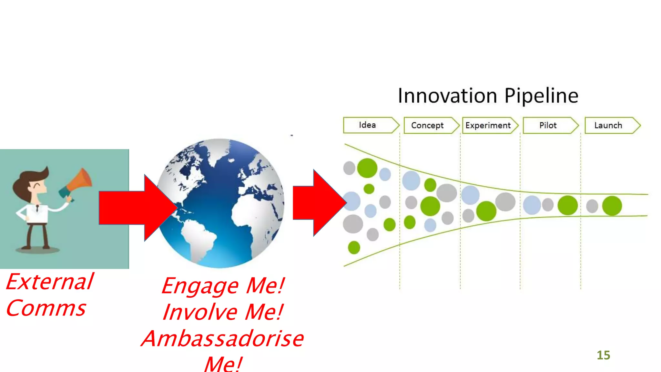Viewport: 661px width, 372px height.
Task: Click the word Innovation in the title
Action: tap(447, 96)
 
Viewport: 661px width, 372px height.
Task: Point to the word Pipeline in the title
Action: tap(541, 96)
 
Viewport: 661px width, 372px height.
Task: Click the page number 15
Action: tap(603, 355)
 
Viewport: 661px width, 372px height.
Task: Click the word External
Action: tap(50, 282)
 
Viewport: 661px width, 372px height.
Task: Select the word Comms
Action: tap(46, 308)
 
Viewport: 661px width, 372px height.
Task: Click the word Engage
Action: tap(200, 286)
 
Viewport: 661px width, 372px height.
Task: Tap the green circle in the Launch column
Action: tap(612, 206)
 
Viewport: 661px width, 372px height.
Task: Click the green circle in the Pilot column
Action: tap(567, 205)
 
